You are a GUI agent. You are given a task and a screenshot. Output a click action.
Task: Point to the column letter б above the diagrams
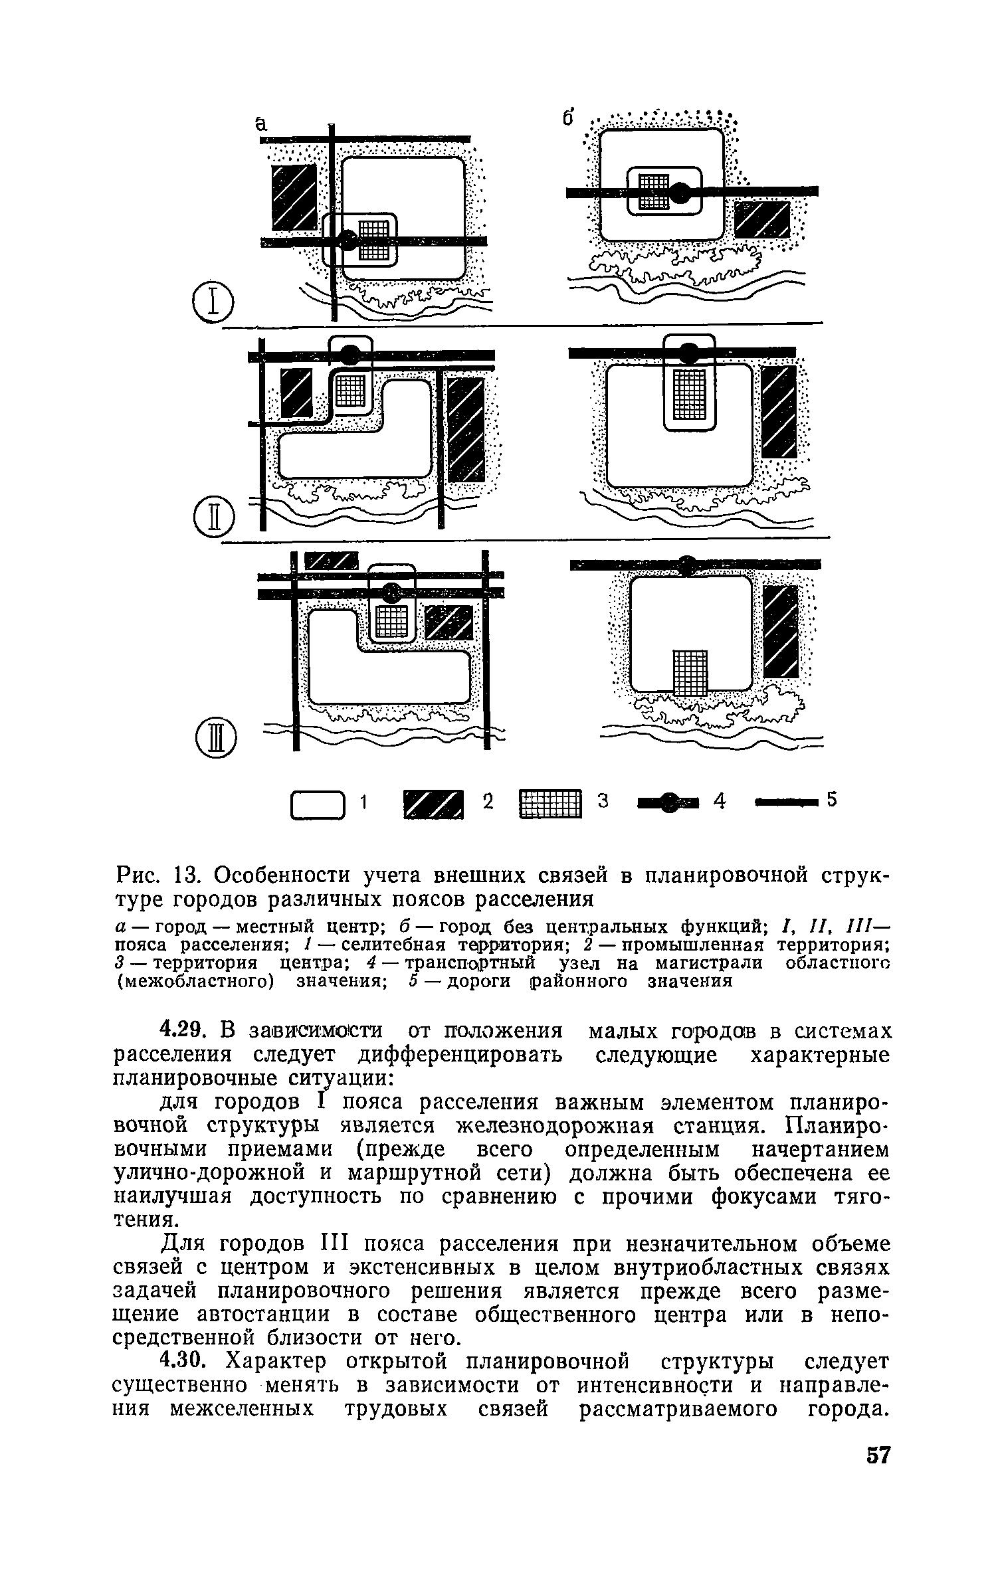coord(568,118)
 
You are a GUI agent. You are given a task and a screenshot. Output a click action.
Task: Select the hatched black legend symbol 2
coord(433,805)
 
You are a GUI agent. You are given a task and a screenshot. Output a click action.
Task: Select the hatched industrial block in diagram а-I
coord(294,197)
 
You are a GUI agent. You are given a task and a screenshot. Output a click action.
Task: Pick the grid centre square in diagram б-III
coord(690,672)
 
